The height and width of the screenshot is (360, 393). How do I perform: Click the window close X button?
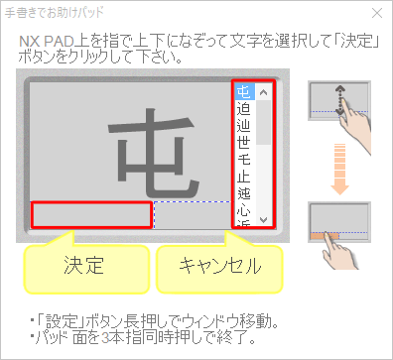click(377, 14)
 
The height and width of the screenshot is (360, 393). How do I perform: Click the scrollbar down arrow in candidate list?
click(263, 218)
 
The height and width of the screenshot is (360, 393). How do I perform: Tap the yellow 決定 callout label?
click(84, 265)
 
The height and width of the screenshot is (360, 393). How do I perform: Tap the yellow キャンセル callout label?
click(219, 265)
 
